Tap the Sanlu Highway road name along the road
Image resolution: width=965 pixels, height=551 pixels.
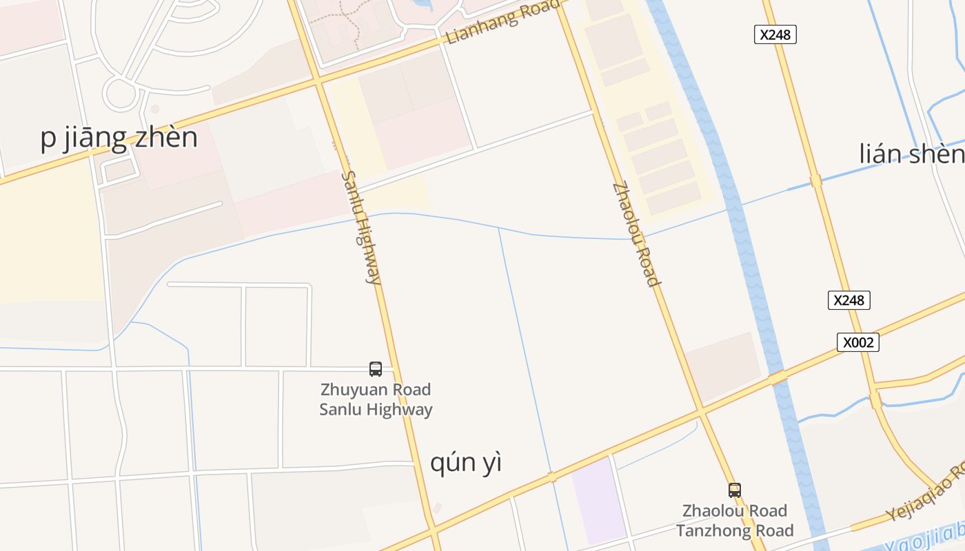[360, 228]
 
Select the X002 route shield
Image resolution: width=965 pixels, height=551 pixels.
[857, 342]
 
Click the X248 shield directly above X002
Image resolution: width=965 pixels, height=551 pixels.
[849, 300]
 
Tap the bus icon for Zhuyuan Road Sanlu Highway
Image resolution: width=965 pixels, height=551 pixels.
[376, 369]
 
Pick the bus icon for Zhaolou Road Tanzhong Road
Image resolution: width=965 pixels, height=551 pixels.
[735, 490]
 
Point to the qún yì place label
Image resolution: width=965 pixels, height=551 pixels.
[466, 463]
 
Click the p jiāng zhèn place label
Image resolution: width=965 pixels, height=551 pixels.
[119, 138]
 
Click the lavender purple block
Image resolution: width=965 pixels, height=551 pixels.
[598, 499]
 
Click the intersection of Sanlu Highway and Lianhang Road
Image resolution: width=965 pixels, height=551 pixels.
[318, 82]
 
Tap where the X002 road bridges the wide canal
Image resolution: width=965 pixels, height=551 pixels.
[778, 377]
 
